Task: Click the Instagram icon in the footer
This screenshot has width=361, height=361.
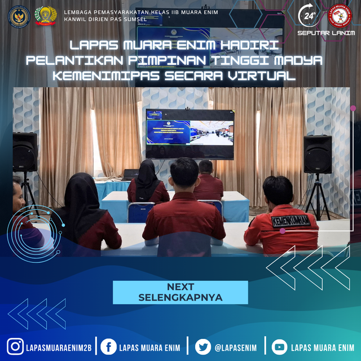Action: point(15,346)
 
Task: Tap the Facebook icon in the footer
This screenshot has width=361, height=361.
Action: point(109,346)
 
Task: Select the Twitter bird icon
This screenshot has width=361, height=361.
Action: point(203,346)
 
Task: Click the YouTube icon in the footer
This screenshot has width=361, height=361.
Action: point(279,346)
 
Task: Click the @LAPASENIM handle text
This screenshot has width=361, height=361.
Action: point(235,347)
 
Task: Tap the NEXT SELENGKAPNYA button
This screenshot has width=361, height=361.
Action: point(180,292)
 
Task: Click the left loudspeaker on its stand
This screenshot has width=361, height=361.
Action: point(25,152)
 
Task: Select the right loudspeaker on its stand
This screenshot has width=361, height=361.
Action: point(317,154)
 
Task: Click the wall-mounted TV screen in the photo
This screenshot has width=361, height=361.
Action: point(190,134)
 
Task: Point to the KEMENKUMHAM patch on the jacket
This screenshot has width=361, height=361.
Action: point(291,221)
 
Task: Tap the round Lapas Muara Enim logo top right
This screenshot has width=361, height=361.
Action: point(339,16)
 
